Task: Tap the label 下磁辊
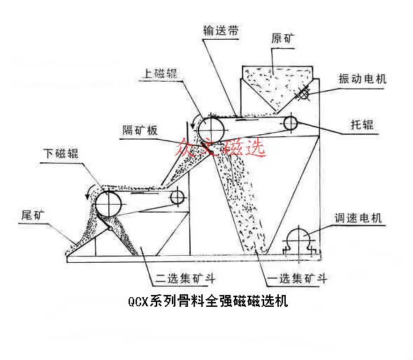pos(59,154)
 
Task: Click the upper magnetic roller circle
pos(209,129)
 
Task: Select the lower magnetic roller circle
pos(110,204)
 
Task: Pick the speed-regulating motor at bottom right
pos(299,239)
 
